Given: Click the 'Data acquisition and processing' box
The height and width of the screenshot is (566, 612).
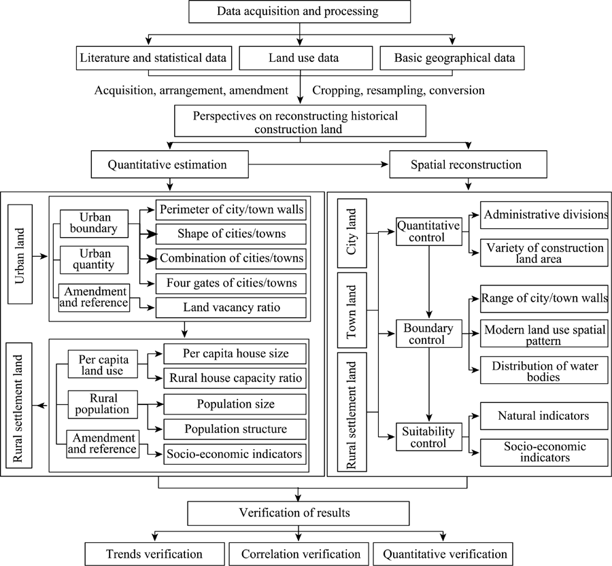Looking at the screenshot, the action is point(300,12).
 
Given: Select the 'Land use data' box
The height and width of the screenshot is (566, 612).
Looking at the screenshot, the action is point(305,58).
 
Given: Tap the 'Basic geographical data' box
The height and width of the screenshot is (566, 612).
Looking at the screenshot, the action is point(452,58).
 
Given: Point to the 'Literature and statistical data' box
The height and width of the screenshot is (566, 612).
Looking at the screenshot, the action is point(154,58).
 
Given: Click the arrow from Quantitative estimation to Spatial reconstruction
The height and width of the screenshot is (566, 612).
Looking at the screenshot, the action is point(318,164).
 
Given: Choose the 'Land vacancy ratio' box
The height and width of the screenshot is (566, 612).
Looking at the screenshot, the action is point(231,308).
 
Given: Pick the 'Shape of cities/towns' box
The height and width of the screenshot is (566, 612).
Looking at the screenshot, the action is point(231,234).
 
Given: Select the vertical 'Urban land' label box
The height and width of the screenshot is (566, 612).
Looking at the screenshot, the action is point(20,254).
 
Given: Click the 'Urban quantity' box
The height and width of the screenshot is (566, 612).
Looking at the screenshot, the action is point(94,260).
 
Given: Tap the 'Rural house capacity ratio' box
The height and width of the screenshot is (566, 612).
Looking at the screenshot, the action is point(235,378).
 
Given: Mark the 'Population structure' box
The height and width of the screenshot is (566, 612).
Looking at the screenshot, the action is point(235,429).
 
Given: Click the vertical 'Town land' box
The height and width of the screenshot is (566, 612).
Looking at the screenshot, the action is point(352,310).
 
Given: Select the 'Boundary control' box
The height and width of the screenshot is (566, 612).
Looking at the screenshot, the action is point(429,334).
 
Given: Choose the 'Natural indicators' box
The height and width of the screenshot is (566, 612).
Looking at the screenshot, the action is point(544,416).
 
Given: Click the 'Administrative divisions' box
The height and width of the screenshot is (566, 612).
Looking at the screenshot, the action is point(544,215).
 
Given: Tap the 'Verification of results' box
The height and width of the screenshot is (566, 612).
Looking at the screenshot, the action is point(299,513).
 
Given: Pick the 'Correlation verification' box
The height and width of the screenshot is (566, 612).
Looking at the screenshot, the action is point(299,554).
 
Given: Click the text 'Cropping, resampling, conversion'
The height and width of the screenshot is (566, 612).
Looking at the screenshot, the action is point(398,90).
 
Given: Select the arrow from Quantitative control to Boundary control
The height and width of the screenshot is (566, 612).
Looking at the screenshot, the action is point(429,282).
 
